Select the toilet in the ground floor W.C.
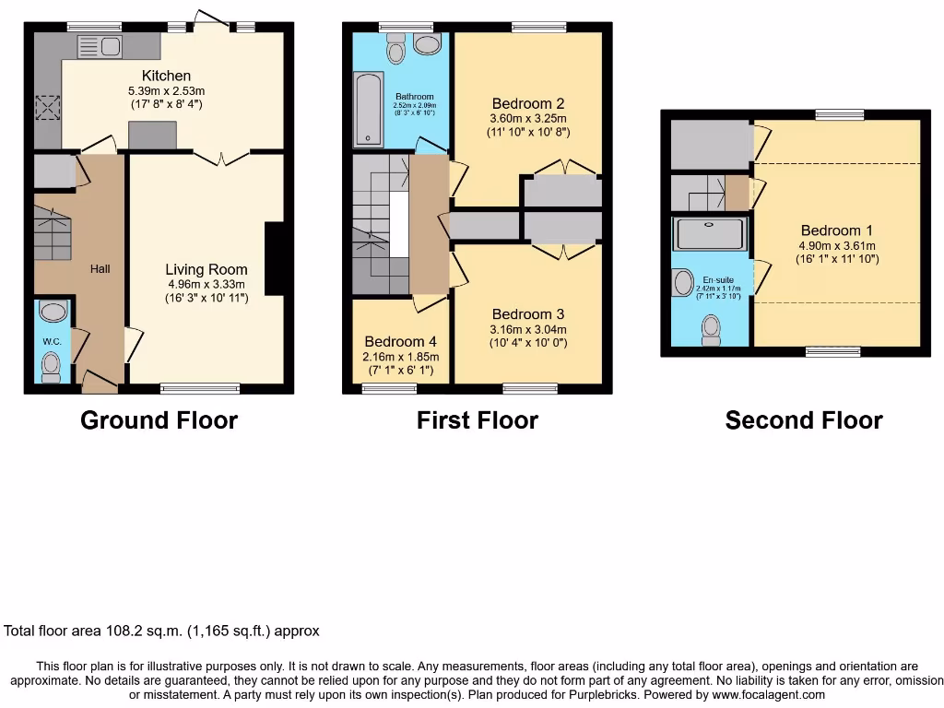pyautogui.click(x=51, y=369)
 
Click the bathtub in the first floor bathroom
pyautogui.click(x=368, y=110)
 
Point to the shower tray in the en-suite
pyautogui.click(x=710, y=234)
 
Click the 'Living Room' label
pyautogui.click(x=206, y=269)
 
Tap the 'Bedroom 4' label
pyautogui.click(x=401, y=340)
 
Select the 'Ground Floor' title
pyautogui.click(x=159, y=420)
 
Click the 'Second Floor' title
pyautogui.click(x=803, y=420)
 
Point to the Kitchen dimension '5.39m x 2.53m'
pyautogui.click(x=166, y=91)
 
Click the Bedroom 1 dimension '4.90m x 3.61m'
pyautogui.click(x=836, y=245)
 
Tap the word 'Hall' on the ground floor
pyautogui.click(x=100, y=269)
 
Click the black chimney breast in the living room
pyautogui.click(x=274, y=259)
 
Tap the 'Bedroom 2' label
pyautogui.click(x=527, y=103)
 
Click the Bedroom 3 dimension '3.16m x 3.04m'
pyautogui.click(x=527, y=329)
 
